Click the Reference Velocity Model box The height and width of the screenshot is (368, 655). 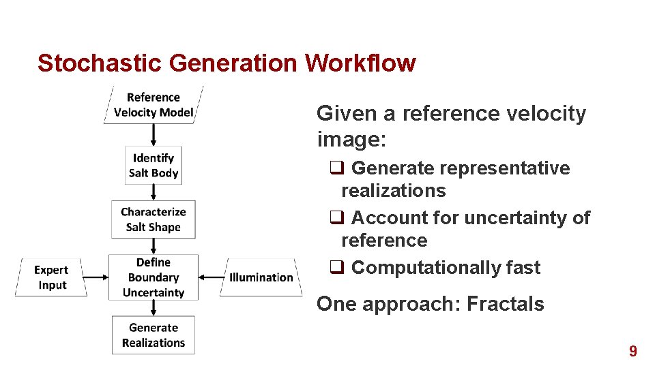[x=154, y=105]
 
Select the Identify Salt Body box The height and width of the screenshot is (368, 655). [x=154, y=166]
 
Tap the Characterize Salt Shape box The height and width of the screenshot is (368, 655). [x=154, y=219]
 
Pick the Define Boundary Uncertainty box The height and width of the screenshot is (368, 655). [x=154, y=277]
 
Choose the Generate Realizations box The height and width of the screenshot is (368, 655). [x=154, y=335]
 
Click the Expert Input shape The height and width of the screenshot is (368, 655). [x=52, y=277]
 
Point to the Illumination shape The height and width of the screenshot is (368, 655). [x=261, y=277]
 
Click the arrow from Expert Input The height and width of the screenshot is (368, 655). [x=98, y=277]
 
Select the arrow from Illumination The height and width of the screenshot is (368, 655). [x=212, y=277]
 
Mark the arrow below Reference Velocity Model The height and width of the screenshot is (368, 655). [x=154, y=135]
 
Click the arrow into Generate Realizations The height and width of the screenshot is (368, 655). [x=154, y=308]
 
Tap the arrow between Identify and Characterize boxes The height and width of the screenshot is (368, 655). [x=154, y=191]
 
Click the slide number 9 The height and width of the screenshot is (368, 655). [x=633, y=352]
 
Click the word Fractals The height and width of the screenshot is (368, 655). [x=506, y=304]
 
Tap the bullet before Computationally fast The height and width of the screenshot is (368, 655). [x=336, y=268]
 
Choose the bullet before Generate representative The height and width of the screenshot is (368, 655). [x=336, y=168]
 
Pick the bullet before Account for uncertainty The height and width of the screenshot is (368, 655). [x=336, y=218]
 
